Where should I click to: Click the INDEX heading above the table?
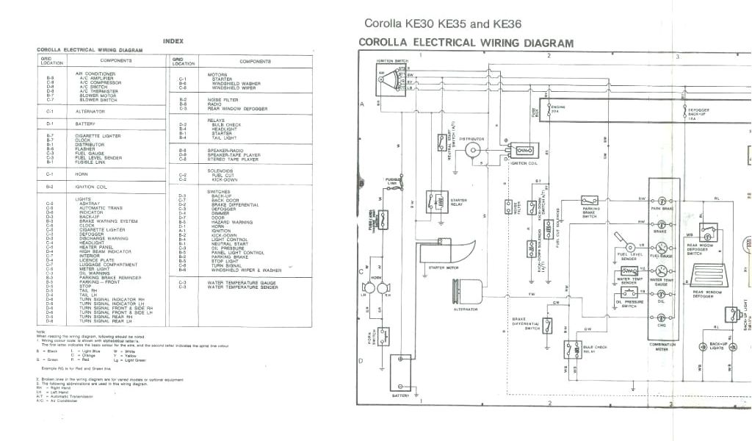173,41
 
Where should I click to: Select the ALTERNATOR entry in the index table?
90,112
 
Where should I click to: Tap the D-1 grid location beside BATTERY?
50,123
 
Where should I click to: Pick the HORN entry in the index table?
81,174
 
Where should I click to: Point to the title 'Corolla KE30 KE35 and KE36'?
442,24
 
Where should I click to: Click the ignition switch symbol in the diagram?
388,76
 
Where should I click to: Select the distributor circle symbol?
472,151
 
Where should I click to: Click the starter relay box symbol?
437,199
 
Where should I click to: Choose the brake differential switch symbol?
547,326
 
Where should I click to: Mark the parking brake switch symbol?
590,200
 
